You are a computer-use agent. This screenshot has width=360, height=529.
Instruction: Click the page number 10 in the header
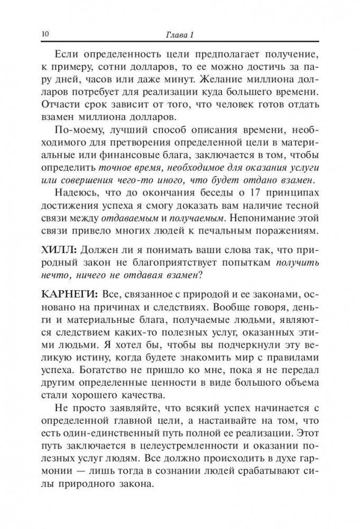click(44, 34)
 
